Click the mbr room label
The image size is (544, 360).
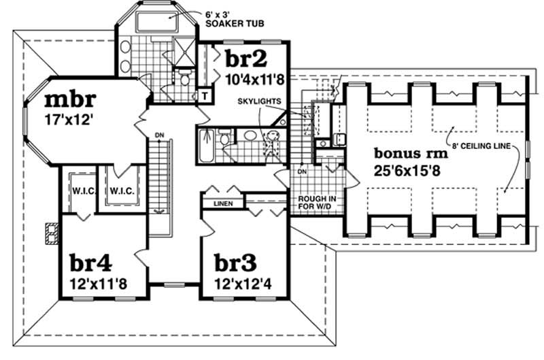click(69, 100)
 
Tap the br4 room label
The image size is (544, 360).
click(92, 262)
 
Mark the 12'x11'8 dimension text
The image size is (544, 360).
click(98, 280)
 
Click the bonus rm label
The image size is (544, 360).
click(409, 153)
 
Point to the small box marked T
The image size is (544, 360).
click(205, 95)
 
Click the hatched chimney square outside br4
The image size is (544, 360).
click(50, 233)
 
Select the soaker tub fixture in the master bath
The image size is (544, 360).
click(154, 22)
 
